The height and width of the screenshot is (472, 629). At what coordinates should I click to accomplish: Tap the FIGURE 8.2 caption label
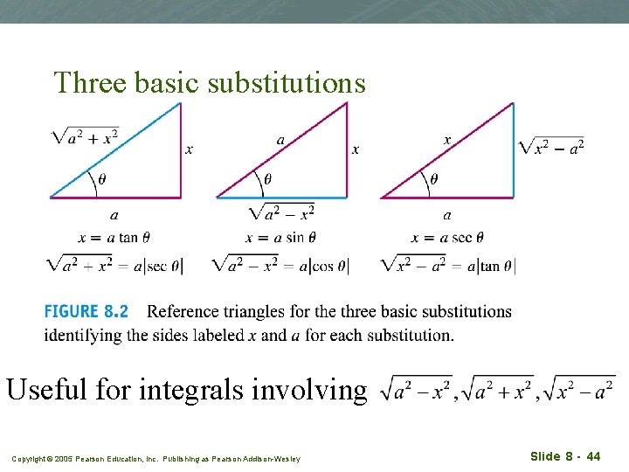point(86,311)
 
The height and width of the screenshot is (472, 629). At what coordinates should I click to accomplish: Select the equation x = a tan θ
point(114,237)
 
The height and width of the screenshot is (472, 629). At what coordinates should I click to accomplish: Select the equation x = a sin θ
point(281,237)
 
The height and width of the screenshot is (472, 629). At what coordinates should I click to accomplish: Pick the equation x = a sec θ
point(447,237)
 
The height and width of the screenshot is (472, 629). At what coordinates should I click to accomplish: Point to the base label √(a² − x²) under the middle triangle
point(281,212)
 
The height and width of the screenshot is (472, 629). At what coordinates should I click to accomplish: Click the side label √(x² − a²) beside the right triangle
point(551,146)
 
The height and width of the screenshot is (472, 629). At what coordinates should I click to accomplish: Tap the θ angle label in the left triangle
point(103,178)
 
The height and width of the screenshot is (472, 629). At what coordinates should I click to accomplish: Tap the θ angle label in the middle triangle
point(267,178)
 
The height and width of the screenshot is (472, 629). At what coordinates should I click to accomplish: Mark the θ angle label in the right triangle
point(434,178)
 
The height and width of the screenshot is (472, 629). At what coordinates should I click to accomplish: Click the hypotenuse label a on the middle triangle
point(280,140)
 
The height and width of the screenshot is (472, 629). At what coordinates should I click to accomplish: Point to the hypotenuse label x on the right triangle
point(447,140)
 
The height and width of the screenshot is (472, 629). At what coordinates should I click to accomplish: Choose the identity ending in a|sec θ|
point(115,265)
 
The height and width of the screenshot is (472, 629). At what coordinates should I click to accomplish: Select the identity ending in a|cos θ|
point(280,265)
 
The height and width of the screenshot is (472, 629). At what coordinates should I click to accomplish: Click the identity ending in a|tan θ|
point(448,265)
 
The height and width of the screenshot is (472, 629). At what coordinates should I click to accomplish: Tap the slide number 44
point(593,456)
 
